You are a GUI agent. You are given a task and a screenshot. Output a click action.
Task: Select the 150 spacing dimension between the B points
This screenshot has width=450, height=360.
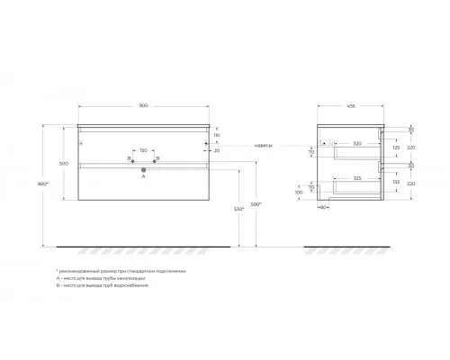click(144, 150)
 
